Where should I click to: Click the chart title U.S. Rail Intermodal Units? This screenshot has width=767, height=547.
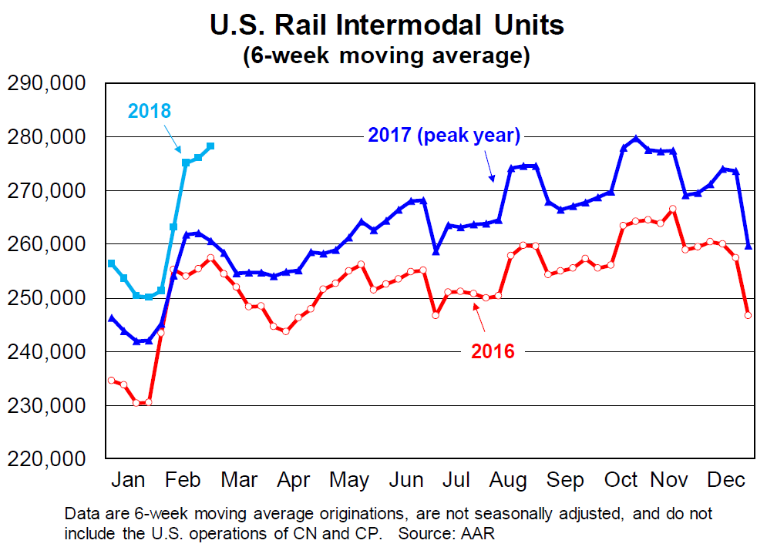(x=387, y=25)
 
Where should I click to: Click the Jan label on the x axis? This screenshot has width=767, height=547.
(x=128, y=480)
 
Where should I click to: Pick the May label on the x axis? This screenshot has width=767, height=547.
(x=348, y=480)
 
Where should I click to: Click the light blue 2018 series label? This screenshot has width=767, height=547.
(x=150, y=110)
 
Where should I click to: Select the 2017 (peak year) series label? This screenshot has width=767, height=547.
(x=445, y=136)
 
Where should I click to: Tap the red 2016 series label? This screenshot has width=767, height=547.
(x=492, y=352)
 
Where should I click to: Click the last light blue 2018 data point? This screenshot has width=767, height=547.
(x=210, y=146)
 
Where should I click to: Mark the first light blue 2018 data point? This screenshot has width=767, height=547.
(x=112, y=263)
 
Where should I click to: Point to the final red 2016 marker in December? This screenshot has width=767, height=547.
(x=748, y=314)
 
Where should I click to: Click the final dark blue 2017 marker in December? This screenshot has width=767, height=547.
(x=748, y=246)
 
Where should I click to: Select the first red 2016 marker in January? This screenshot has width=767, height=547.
(x=112, y=381)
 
